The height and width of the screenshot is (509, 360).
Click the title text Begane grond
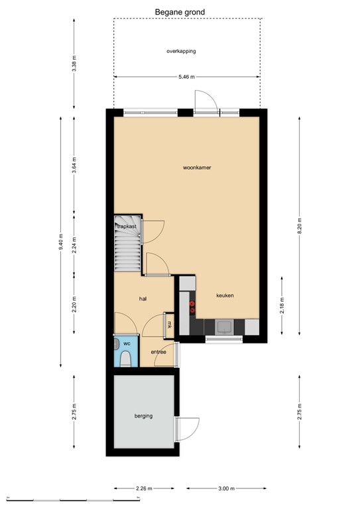coord(180,11)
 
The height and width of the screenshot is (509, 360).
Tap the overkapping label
coord(181,51)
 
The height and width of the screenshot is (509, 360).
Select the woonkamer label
coord(197,168)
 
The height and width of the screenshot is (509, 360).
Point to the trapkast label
coord(127,227)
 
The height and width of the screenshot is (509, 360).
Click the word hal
coord(143,299)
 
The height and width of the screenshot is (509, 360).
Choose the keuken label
coord(224,296)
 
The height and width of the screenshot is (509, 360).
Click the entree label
coord(158,352)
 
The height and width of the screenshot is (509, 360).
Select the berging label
coord(143,416)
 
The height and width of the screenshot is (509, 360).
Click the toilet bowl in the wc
coord(125,358)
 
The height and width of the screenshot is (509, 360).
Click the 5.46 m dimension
coord(187,77)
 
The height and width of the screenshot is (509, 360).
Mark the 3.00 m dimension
coord(226,489)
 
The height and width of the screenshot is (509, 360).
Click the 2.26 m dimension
coord(143,489)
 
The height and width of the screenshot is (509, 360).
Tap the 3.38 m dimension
coord(74,64)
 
